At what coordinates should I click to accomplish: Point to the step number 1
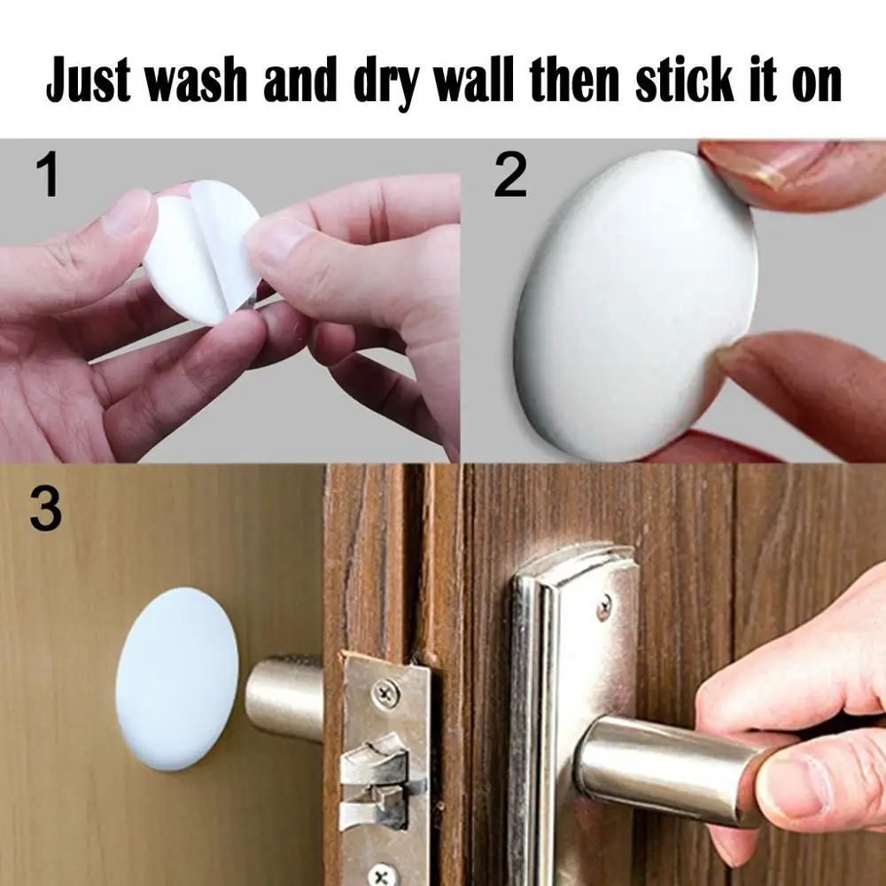(49, 175)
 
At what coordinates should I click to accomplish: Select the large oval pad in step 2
(633, 306)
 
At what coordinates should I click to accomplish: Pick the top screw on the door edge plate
(388, 693)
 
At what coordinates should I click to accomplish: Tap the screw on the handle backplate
(603, 607)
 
